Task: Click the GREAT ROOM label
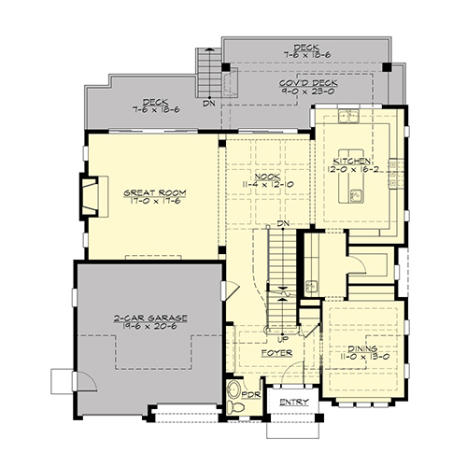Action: coord(155,193)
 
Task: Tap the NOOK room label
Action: coord(268,177)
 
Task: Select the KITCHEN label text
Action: coord(352,162)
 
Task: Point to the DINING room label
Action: coord(362,348)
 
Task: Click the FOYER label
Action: coord(276,353)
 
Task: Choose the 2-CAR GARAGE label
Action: coord(150,318)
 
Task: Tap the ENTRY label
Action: coord(294,403)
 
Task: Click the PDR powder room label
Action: coord(251,395)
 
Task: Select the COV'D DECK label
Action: coord(308,83)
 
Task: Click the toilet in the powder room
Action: coord(235,406)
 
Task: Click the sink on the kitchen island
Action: coord(356,196)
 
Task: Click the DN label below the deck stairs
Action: coord(209,103)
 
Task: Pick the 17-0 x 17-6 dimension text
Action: coord(155,201)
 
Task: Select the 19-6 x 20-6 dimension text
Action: coord(150,326)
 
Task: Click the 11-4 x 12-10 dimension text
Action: coord(268,184)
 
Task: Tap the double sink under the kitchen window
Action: coord(348,115)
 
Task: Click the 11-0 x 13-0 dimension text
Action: coord(362,357)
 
